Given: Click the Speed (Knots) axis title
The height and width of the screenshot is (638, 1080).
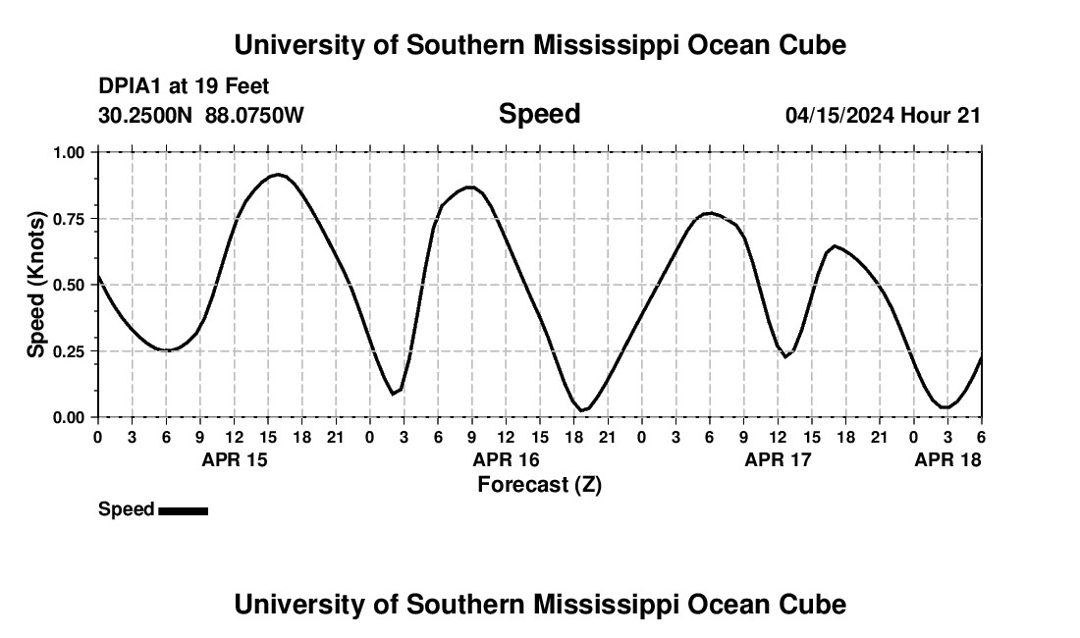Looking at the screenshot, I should coord(36,285).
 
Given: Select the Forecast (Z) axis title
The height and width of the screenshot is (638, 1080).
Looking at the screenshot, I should coord(539,484).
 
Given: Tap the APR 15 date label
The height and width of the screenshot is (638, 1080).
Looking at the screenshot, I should coord(235,459).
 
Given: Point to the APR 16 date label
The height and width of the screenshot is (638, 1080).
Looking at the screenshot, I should coord(507,459).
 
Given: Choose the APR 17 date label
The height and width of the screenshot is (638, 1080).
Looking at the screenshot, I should coord(779,459).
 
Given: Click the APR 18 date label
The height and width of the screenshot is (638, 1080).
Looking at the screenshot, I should coord(947,459).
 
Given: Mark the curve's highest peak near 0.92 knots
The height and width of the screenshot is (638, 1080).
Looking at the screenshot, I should coord(278,175).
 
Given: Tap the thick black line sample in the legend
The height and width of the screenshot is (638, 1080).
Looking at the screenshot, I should coord(183,510).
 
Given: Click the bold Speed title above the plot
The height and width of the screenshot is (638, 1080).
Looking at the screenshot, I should coord(539,114).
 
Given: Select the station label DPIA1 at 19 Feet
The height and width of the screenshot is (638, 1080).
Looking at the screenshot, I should coord(184,86).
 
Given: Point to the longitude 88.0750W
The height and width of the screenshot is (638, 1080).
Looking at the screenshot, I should coord(255,115).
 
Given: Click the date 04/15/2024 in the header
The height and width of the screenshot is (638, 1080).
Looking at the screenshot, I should coord(839,115).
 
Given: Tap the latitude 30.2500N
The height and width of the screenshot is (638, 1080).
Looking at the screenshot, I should coord(147,115).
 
